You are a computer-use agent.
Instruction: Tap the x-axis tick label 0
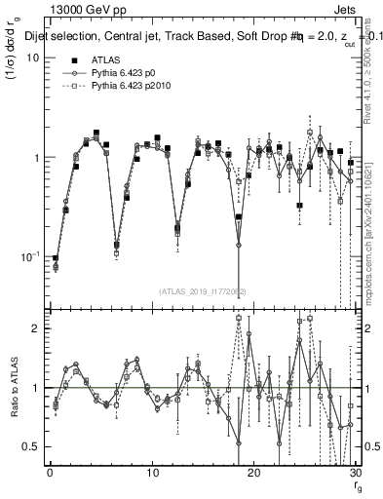click(x=50, y=474)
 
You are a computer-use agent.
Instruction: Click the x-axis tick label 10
click(x=152, y=474)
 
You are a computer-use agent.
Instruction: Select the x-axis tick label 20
click(x=253, y=474)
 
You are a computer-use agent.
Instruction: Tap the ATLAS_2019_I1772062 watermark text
click(x=203, y=290)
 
